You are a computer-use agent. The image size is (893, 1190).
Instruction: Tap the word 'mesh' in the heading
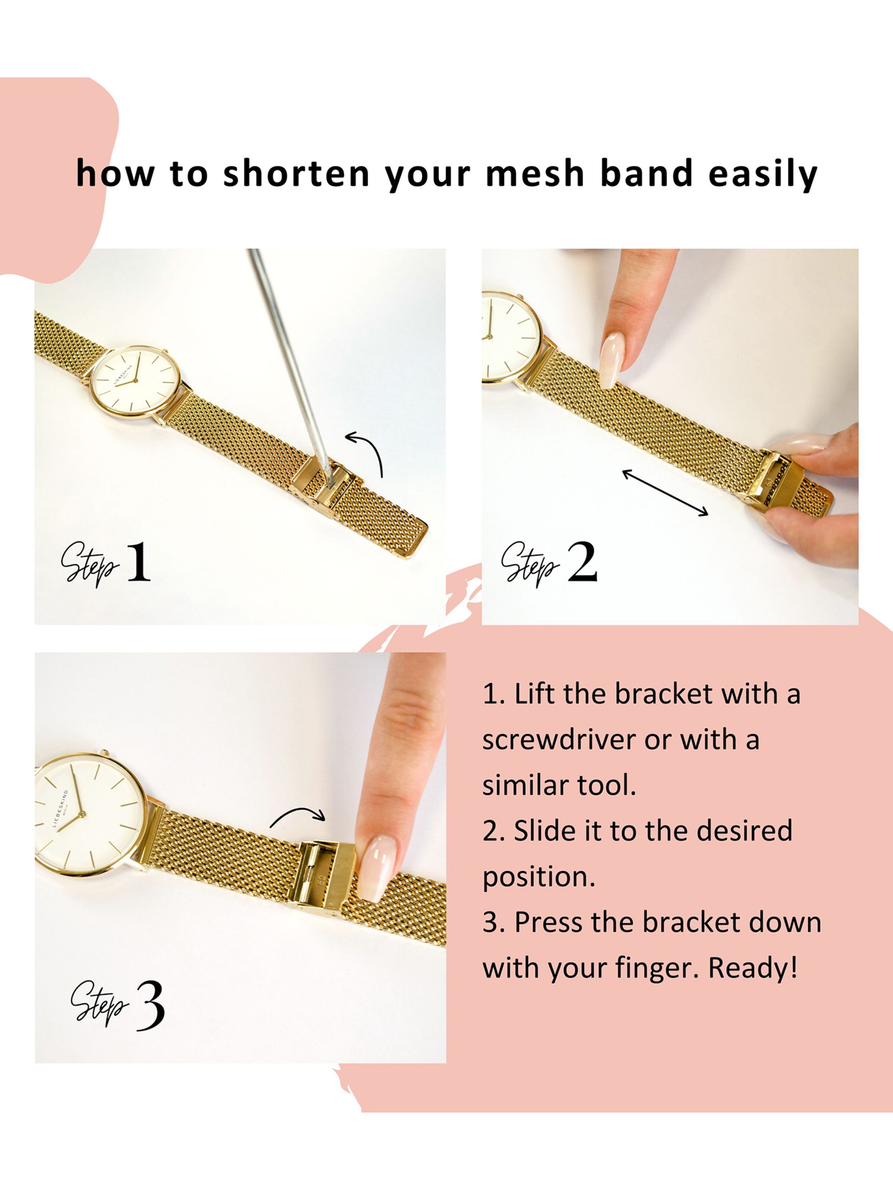tap(535, 174)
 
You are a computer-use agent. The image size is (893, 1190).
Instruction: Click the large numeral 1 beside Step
tap(138, 562)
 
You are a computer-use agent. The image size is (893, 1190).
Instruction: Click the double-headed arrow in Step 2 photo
tap(665, 493)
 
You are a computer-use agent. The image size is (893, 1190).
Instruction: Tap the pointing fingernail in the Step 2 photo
tap(612, 359)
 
